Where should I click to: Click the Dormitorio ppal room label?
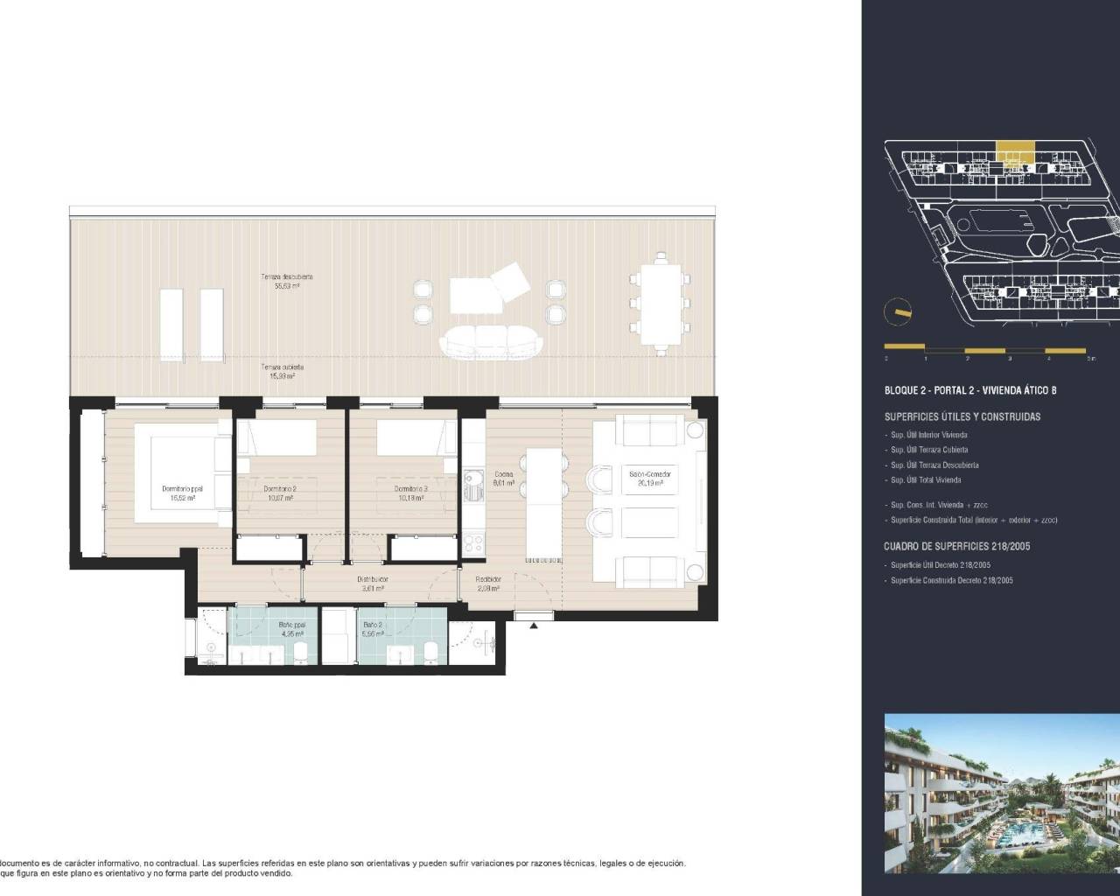pyautogui.click(x=178, y=493)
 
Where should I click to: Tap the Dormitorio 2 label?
pyautogui.click(x=279, y=493)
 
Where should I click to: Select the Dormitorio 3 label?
pyautogui.click(x=410, y=493)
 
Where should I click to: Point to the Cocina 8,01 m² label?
pyautogui.click(x=503, y=479)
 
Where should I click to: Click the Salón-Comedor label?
pyautogui.click(x=650, y=478)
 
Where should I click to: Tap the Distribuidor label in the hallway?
pyautogui.click(x=374, y=584)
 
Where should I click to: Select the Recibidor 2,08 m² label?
pyautogui.click(x=488, y=584)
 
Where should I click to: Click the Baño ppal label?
pyautogui.click(x=291, y=629)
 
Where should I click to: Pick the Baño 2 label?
pyautogui.click(x=373, y=629)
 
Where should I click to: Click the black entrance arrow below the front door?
pyautogui.click(x=534, y=625)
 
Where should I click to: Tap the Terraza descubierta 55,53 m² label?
pyautogui.click(x=286, y=281)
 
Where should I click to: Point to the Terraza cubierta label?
pyautogui.click(x=282, y=372)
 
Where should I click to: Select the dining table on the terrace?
pyautogui.click(x=661, y=303)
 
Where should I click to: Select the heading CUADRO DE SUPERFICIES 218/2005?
pyautogui.click(x=956, y=546)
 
